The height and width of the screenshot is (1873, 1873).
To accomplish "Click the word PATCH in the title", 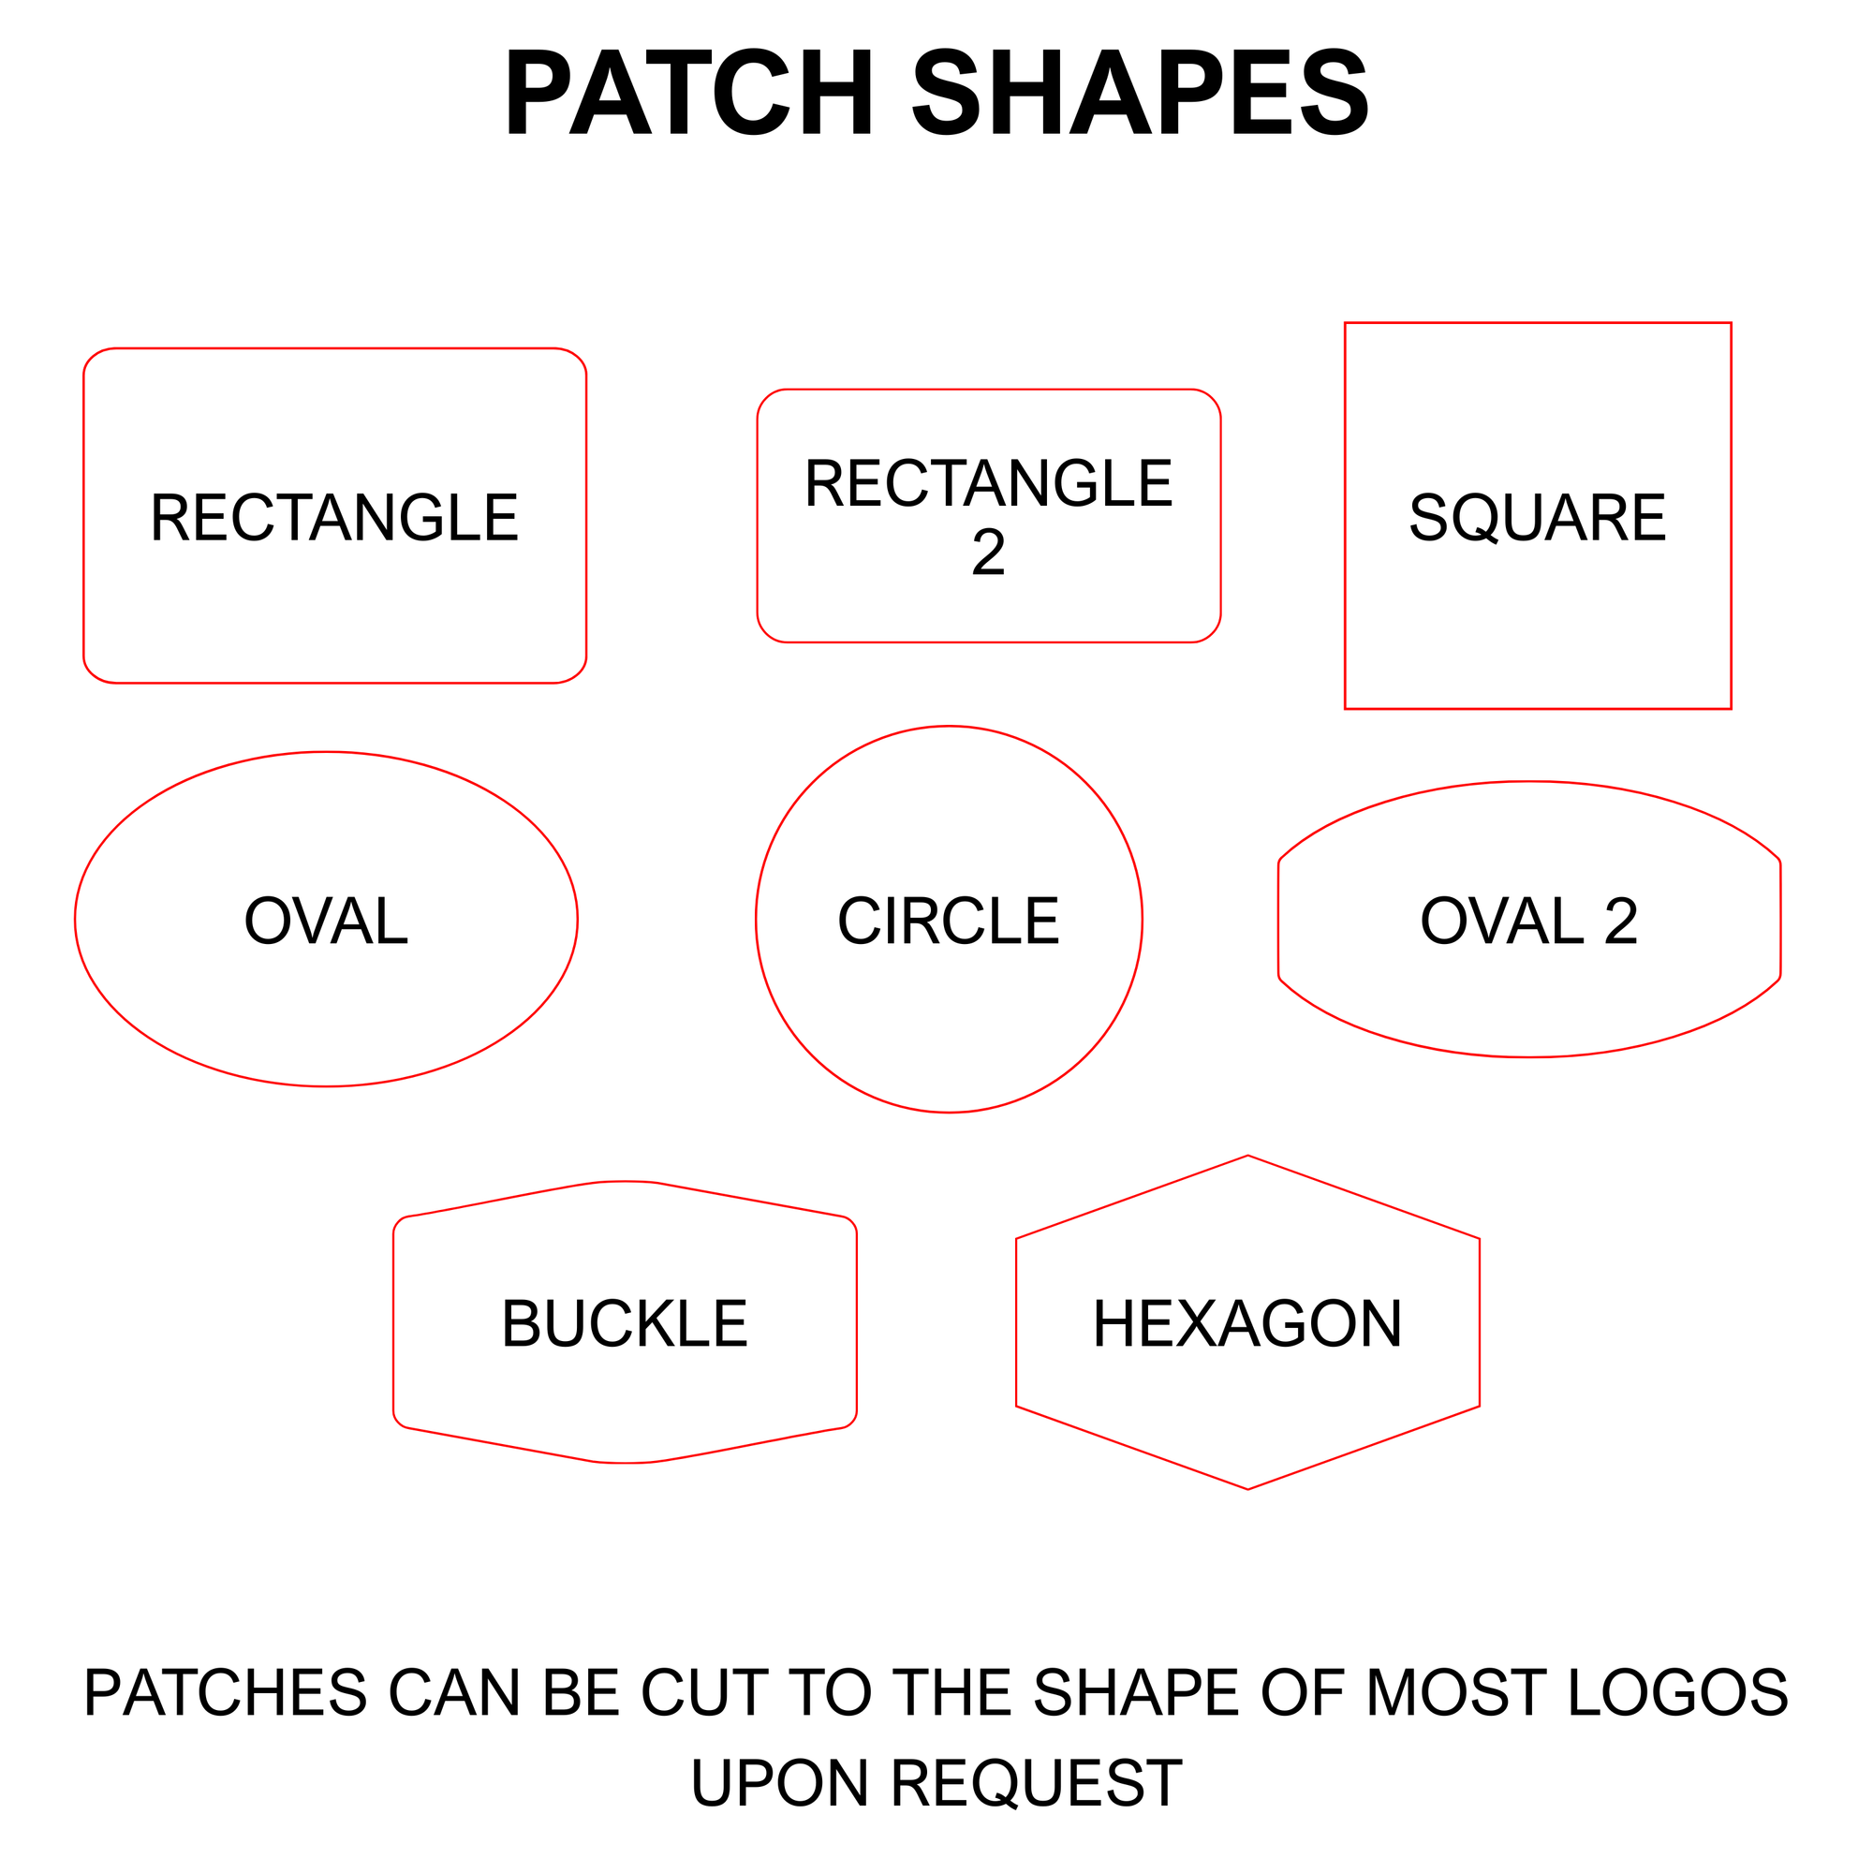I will coord(690,93).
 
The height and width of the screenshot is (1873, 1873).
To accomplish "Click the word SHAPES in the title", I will coord(1140,93).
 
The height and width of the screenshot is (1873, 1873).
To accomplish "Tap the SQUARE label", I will coord(1538,518).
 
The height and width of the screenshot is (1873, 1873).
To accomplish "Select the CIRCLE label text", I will coord(948,921).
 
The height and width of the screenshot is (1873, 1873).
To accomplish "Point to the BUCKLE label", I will coord(626,1324).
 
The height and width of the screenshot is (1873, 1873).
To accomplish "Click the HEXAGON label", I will coord(1247,1324).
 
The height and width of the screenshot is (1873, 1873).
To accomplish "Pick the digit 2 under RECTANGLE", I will coord(988,553).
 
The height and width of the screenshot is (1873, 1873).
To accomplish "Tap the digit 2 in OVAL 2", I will coord(1621,921).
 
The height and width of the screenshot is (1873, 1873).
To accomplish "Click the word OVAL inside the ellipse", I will coord(326,921).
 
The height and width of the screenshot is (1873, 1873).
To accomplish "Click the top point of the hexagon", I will coord(1247,1156).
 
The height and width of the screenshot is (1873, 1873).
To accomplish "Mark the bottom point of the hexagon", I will coord(1247,1489).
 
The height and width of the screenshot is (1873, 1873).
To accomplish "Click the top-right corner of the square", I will coord(1731,324).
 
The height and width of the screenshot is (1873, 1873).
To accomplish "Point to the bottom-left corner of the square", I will coord(1346,709).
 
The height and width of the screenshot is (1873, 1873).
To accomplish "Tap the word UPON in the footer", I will coord(779,1784).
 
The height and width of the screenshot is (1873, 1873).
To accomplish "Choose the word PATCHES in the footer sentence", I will coord(225,1692).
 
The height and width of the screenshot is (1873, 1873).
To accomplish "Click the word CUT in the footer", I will coord(704,1692).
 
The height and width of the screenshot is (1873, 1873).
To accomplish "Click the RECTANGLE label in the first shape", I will coord(334,518).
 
